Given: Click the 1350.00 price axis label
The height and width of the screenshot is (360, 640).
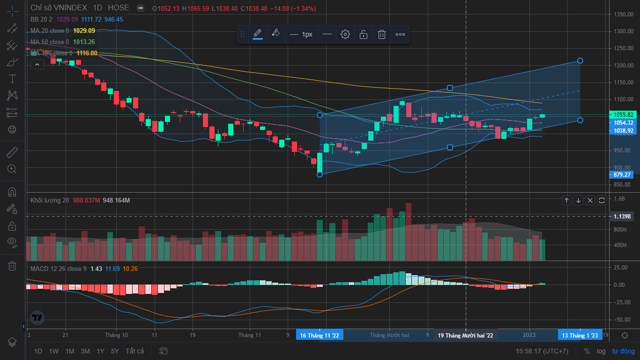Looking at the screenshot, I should [624, 15].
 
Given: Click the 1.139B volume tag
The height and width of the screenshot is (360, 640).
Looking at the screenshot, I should [623, 216].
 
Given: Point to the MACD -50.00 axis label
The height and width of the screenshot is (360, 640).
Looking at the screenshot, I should [624, 320].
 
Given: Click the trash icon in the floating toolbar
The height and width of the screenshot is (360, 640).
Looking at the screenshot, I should [382, 34].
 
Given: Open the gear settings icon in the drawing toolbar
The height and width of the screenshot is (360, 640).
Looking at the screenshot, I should [345, 34].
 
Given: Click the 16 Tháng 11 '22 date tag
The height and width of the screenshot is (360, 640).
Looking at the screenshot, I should [320, 335].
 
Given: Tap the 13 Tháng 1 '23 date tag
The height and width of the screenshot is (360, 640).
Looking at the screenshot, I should [580, 335].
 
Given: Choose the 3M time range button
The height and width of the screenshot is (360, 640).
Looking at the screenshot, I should [85, 351].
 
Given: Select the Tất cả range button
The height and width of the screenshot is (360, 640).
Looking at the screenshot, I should [135, 351].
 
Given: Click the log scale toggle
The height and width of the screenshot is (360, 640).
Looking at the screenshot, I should [601, 351].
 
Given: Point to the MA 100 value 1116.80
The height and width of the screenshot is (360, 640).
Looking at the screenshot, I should [87, 53].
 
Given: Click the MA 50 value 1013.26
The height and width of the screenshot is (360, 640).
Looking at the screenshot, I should [84, 42].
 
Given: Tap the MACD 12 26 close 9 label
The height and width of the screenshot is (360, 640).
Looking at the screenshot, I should [58, 269].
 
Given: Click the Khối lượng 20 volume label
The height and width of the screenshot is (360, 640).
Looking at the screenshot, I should [50, 200].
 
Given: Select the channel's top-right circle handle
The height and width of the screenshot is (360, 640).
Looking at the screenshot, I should [580, 60].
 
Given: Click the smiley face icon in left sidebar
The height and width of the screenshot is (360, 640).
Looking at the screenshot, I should [12, 129].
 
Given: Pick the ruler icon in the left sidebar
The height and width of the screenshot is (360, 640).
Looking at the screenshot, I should [12, 152].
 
